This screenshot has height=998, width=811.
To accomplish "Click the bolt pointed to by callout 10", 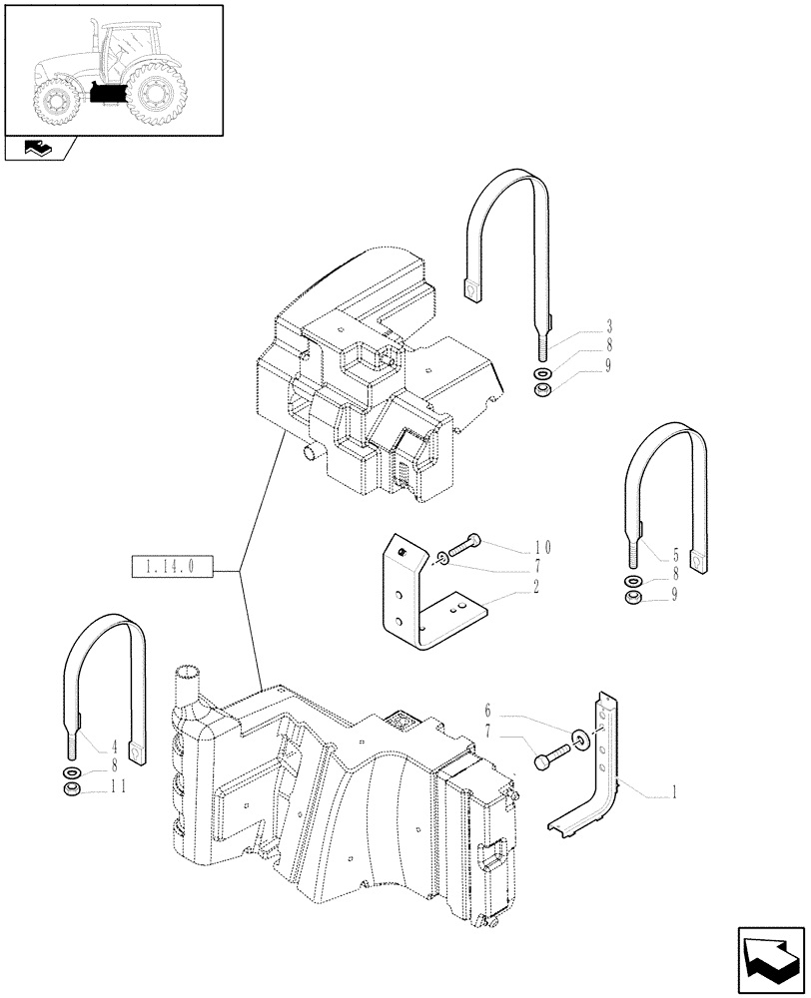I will coord(461,545).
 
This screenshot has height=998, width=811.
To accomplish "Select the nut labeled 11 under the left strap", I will coord(71,790).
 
